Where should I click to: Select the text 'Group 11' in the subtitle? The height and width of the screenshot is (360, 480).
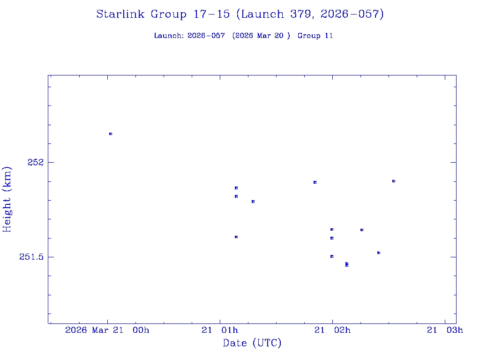315,36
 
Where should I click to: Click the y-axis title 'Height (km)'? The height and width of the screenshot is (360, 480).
7,199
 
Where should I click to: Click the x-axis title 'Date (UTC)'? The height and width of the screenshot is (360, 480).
252,344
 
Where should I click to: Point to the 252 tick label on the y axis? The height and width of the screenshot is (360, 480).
35,162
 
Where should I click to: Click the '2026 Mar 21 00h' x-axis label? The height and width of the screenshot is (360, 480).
107,330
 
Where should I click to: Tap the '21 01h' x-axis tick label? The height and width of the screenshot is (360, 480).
220,330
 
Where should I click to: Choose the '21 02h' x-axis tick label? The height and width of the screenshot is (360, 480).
332,330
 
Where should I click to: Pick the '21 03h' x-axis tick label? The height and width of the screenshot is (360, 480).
445,330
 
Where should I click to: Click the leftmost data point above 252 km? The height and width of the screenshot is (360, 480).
111,134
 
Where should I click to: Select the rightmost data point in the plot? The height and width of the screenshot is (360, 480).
394,181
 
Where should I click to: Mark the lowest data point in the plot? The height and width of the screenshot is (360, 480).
347,265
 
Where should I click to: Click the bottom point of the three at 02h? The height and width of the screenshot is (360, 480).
332,256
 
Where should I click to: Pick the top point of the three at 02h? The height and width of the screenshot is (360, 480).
332,229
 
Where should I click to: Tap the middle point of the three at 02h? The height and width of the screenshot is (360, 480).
332,238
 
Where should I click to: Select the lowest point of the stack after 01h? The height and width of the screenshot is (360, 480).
236,237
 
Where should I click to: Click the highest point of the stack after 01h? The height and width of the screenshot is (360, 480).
236,188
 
